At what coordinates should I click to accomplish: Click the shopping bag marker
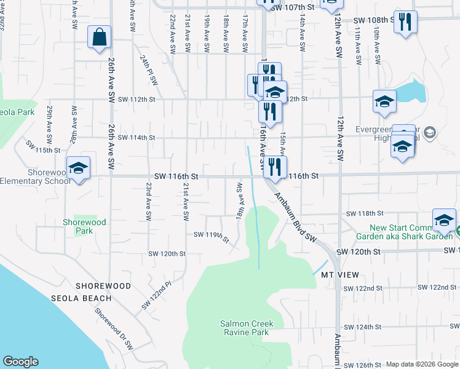point(99,38)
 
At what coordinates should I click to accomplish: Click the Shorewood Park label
point(85,226)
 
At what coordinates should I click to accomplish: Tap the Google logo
point(20,362)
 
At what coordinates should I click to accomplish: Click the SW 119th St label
point(212,236)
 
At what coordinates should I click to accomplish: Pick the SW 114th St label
point(137,137)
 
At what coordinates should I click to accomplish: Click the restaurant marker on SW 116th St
point(276,167)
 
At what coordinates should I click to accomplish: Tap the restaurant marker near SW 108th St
point(405,23)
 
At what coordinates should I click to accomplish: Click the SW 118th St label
point(365,213)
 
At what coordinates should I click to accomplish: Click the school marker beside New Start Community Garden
point(444,220)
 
